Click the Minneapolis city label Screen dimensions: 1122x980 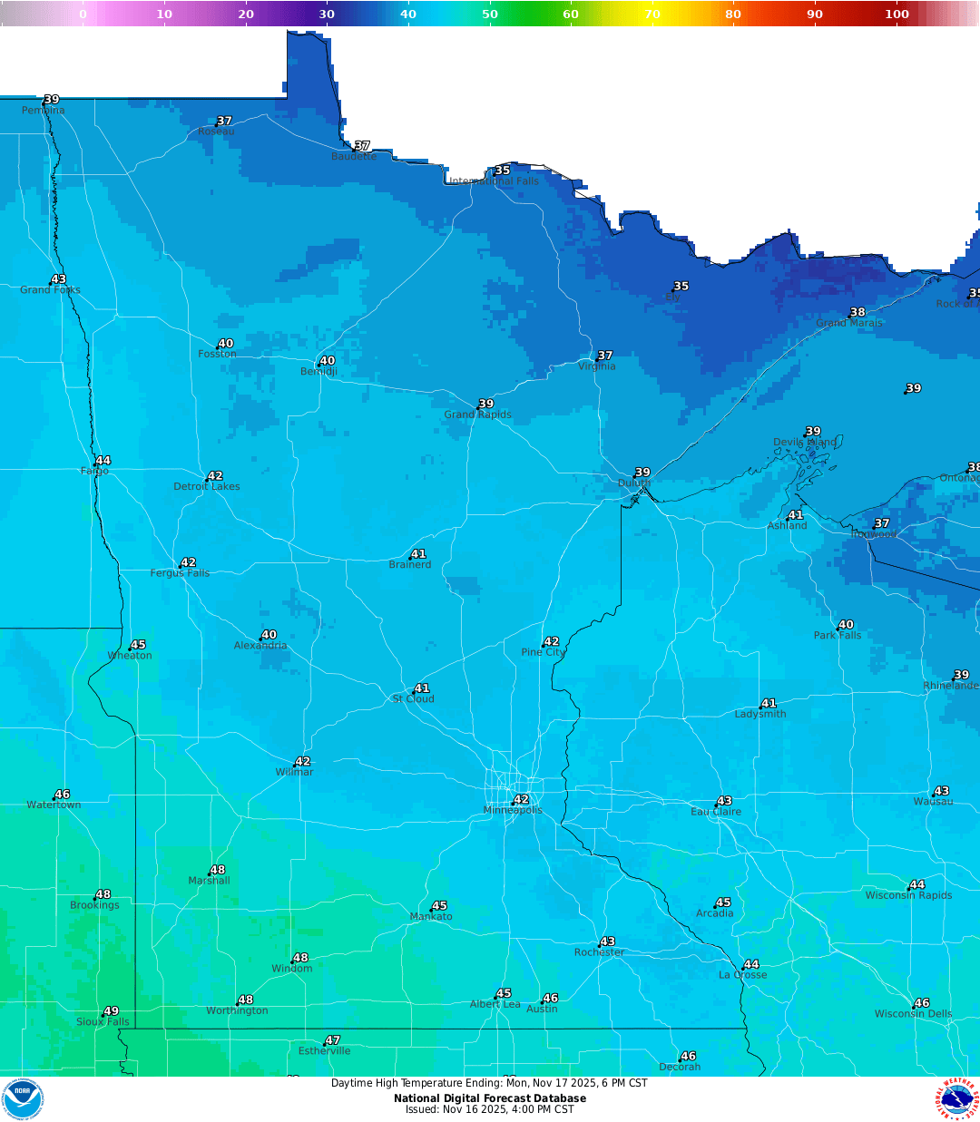point(513,810)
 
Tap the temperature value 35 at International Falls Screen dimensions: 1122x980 point(503,171)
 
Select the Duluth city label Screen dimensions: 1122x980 point(634,483)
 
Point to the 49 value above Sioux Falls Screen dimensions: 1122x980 point(112,1011)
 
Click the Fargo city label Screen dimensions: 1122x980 point(94,471)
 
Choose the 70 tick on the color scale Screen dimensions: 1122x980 point(652,14)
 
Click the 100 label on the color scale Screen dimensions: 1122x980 point(897,14)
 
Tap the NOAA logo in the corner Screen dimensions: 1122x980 point(23,1098)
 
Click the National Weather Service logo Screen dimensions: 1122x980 point(957,1098)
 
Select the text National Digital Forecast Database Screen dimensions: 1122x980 point(490,1098)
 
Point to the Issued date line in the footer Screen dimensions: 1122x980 point(490,1109)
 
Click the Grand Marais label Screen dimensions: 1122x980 point(848,323)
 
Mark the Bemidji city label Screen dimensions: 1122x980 point(318,372)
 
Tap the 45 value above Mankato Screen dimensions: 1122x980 point(440,906)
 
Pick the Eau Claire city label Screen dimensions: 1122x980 point(716,812)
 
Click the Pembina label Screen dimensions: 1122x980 point(44,111)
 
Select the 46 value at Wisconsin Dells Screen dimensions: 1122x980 point(923,1003)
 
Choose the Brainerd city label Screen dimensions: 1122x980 point(410,564)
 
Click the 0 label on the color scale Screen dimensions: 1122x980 point(83,14)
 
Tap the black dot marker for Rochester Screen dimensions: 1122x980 point(600,945)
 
